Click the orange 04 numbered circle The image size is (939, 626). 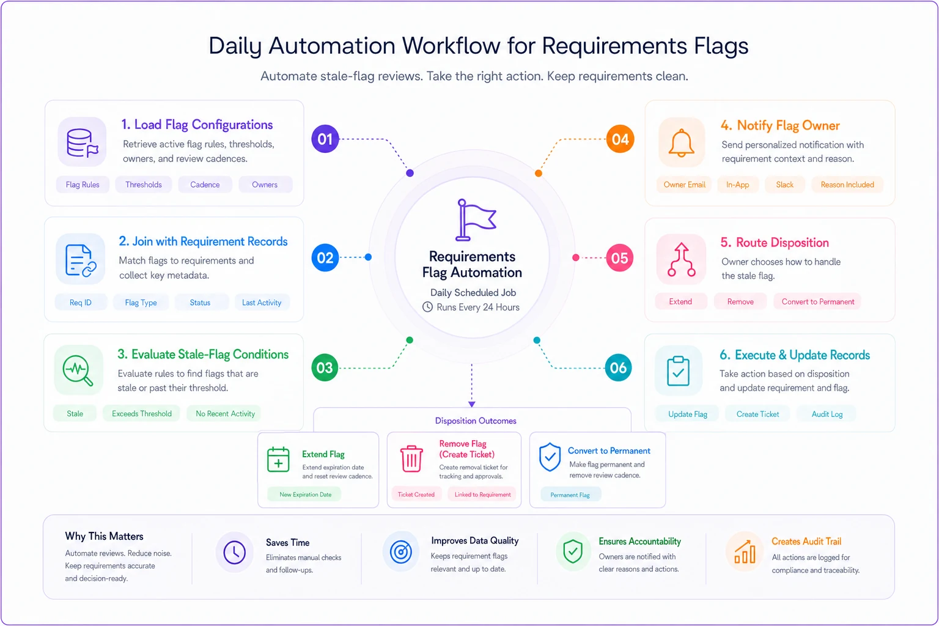[619, 139]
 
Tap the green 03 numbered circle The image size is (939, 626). [325, 368]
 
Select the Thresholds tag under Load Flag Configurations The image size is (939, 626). [144, 185]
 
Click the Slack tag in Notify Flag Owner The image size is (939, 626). [784, 185]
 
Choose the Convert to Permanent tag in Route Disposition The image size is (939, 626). [817, 301]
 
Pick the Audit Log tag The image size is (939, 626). [827, 414]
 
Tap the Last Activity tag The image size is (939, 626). [262, 303]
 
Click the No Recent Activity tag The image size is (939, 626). [225, 413]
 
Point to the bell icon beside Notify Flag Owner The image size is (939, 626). [681, 142]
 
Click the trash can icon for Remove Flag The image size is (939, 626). [411, 458]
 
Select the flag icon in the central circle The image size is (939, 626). [476, 219]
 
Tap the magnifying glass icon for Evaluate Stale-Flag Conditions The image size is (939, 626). [78, 370]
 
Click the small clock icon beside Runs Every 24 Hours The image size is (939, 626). [427, 307]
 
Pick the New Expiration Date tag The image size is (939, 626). [305, 495]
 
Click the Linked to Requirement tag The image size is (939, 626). [482, 495]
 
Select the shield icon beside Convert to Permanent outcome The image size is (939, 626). [550, 457]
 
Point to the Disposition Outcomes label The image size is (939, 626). [476, 421]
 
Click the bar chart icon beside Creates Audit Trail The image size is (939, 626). [745, 552]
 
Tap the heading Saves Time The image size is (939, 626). [287, 542]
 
